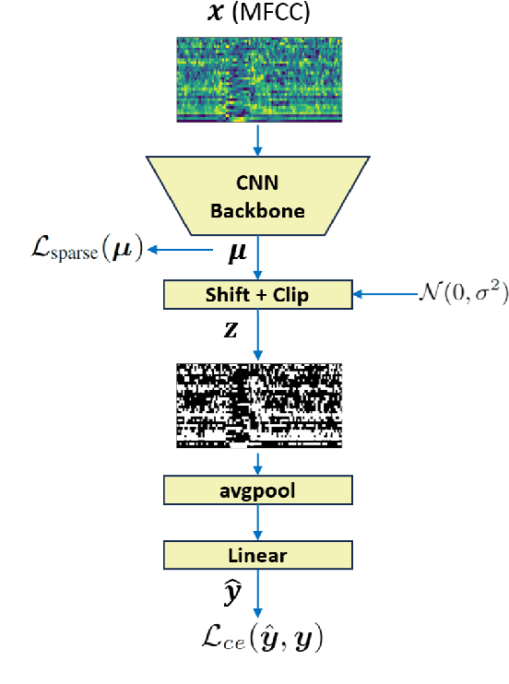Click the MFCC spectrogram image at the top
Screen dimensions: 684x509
click(x=259, y=79)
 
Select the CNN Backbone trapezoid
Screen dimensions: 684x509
click(x=259, y=195)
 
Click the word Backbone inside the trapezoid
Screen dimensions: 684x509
click(x=259, y=210)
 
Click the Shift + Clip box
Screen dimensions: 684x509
click(x=259, y=296)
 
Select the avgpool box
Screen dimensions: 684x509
click(x=259, y=489)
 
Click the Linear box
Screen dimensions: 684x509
click(x=259, y=555)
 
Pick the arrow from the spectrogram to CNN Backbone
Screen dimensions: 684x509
click(x=259, y=138)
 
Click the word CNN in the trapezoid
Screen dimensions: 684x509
click(x=259, y=183)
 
